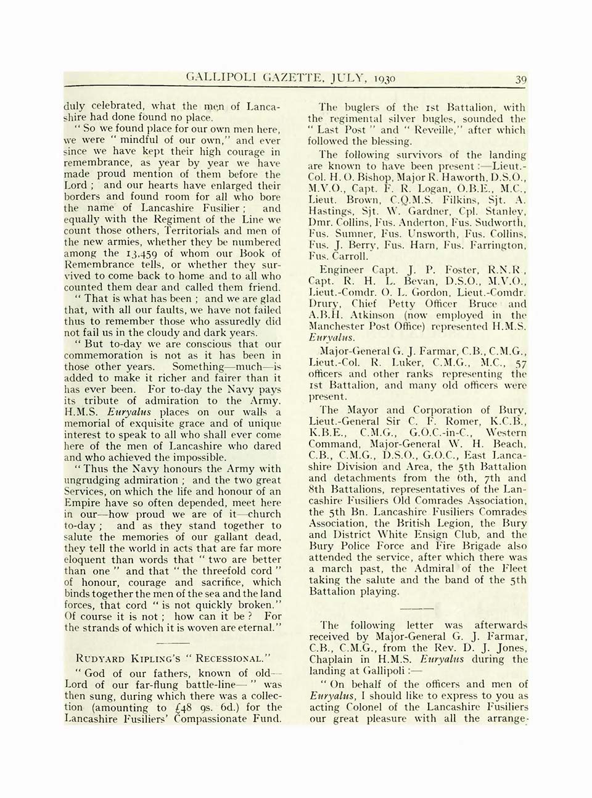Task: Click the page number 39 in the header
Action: [x=521, y=79]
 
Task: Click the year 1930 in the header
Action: [x=382, y=79]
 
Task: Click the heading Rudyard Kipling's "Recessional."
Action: [x=173, y=657]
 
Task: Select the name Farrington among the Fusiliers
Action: [x=502, y=245]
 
